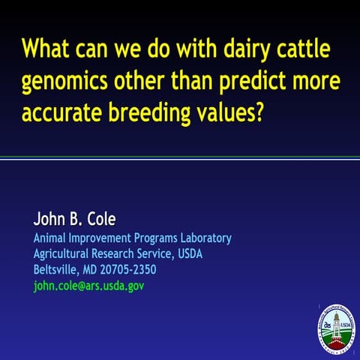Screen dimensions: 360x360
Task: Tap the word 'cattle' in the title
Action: [307, 51]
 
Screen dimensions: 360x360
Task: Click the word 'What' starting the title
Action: [46, 51]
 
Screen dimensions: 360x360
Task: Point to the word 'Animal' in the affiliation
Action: [51, 238]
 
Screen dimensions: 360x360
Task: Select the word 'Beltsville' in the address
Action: [57, 270]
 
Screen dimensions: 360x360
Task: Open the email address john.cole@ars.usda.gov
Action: [88, 286]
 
